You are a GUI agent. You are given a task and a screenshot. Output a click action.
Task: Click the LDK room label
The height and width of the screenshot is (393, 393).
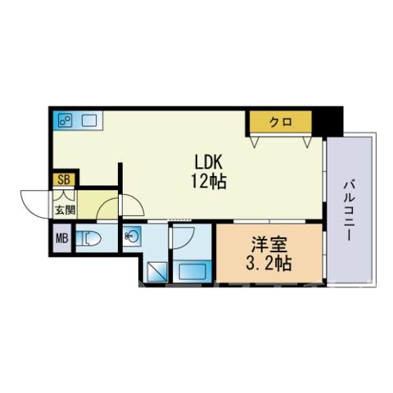pyautogui.click(x=209, y=162)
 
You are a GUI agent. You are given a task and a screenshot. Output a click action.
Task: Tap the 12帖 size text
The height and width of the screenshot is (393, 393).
pyautogui.click(x=209, y=181)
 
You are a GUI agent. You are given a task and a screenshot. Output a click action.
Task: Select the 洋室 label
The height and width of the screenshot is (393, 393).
pyautogui.click(x=269, y=244)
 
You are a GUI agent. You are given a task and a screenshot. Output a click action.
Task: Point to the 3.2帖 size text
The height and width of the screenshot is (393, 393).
pyautogui.click(x=269, y=263)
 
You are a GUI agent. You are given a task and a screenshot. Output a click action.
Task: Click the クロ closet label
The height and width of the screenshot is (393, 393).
pyautogui.click(x=281, y=122)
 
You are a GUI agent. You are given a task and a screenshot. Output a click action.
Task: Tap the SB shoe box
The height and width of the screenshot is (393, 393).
pyautogui.click(x=65, y=179)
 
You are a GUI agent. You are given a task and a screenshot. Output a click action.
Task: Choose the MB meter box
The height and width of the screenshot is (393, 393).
pyautogui.click(x=62, y=239)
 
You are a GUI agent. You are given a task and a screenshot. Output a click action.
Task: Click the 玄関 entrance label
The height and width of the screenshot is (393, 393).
pyautogui.click(x=65, y=210)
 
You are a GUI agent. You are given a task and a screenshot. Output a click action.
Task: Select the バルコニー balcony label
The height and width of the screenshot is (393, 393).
pyautogui.click(x=350, y=210)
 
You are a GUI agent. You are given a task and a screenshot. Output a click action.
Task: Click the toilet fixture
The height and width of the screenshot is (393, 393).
pyautogui.click(x=88, y=238)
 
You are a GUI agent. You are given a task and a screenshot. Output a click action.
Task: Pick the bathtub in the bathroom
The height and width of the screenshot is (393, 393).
pyautogui.click(x=192, y=271)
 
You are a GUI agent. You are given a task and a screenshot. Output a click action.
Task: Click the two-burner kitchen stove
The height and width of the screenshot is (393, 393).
pyautogui.click(x=65, y=120)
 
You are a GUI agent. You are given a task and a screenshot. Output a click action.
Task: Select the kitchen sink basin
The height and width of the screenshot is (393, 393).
pyautogui.click(x=89, y=120)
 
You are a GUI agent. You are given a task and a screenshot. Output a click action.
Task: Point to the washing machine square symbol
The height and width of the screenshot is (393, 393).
pyautogui.click(x=157, y=272)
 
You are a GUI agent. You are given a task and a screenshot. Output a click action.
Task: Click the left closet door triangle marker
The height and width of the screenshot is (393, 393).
pyautogui.click(x=255, y=142)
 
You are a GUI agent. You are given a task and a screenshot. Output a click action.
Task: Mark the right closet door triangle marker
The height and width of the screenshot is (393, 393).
pyautogui.click(x=307, y=142)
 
